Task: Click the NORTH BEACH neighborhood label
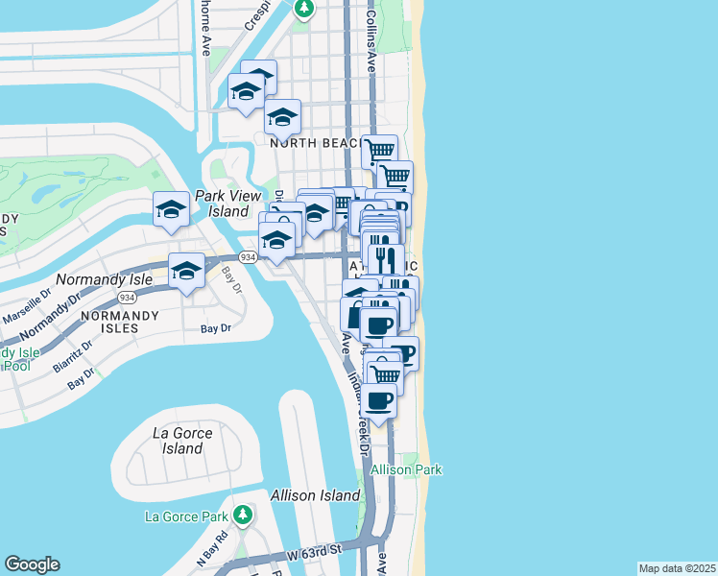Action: click(314, 142)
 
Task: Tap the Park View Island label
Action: click(222, 203)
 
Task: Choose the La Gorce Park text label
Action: click(185, 516)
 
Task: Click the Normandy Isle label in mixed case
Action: click(104, 279)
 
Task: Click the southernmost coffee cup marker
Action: click(379, 400)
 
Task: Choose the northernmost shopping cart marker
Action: click(379, 151)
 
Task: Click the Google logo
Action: click(32, 564)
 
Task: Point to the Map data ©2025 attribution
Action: click(677, 568)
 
